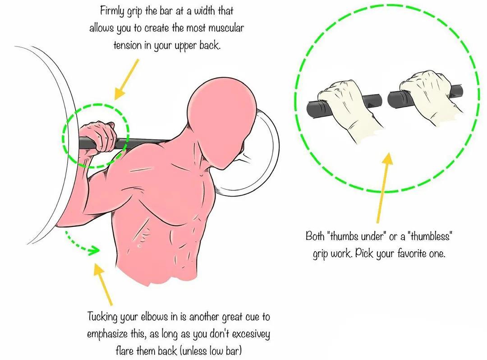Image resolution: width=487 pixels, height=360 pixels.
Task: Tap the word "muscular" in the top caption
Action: pos(226,28)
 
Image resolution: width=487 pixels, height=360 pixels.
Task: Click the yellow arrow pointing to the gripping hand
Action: pos(126,79)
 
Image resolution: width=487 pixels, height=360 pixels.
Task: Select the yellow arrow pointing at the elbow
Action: pos(103,284)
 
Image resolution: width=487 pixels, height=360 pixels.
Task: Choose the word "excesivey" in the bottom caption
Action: pos(251,335)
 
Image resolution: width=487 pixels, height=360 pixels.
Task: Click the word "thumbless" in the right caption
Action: pos(431,237)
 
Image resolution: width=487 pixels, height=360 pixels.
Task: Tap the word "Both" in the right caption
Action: pos(315,236)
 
